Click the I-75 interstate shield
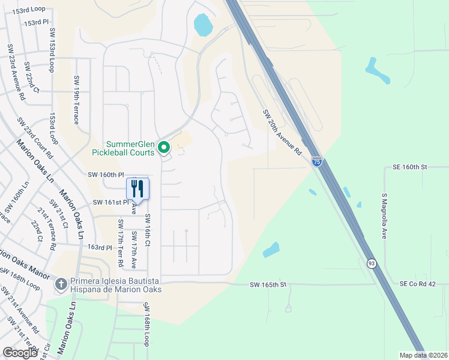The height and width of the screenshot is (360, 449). pyautogui.click(x=317, y=161)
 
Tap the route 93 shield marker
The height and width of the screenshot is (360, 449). pyautogui.click(x=371, y=263)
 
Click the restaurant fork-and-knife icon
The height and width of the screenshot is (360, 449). pyautogui.click(x=137, y=188)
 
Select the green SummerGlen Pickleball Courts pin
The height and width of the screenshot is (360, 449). pyautogui.click(x=163, y=147)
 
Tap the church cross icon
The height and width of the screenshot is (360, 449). pyautogui.click(x=61, y=283)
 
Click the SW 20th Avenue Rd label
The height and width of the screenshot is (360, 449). pyautogui.click(x=282, y=133)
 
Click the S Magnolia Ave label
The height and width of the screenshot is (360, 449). pyautogui.click(x=384, y=216)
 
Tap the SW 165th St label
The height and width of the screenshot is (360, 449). pyautogui.click(x=270, y=284)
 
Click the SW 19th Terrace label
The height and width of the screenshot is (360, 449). pyautogui.click(x=77, y=100)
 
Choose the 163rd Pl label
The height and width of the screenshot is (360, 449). pyautogui.click(x=100, y=247)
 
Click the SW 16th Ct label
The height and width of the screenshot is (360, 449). pyautogui.click(x=148, y=231)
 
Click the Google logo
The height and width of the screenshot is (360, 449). pyautogui.click(x=20, y=353)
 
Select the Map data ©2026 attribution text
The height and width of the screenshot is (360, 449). pyautogui.click(x=423, y=355)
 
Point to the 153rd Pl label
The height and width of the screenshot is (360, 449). pyautogui.click(x=37, y=22)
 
